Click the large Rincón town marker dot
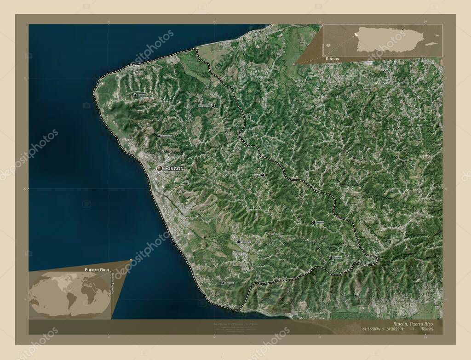point(160,169)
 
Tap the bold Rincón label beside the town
point(174,169)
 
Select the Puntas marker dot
point(135,95)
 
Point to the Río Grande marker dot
point(213,105)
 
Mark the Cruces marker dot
point(263,175)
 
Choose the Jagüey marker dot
point(314,223)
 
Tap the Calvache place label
point(246,242)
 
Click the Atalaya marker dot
point(331,257)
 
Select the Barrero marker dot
point(223,283)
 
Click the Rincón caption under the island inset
point(333,60)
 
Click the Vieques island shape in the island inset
point(431,44)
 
